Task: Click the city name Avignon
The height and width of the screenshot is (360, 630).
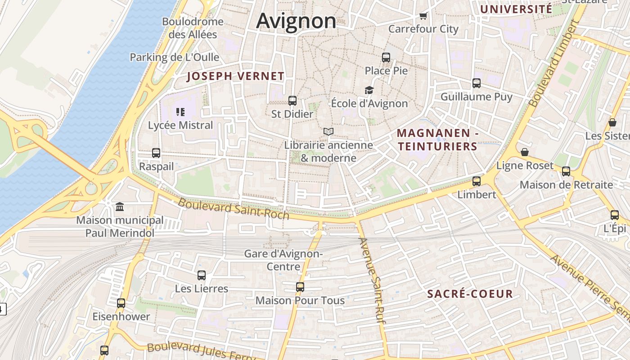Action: coord(296,21)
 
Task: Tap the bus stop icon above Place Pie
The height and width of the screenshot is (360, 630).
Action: coord(386,58)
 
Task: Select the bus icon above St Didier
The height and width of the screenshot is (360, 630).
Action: coord(292,101)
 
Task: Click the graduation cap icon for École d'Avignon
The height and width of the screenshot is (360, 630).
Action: coord(369,90)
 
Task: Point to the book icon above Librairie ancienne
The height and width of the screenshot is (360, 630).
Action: coord(328,132)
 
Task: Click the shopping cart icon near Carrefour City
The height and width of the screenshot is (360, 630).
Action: coord(423,16)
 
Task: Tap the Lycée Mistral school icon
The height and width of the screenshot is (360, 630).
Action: coord(180,112)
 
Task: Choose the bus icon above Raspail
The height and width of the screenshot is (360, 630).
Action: coord(156,153)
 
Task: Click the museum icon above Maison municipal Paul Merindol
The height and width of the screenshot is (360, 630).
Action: coord(120,207)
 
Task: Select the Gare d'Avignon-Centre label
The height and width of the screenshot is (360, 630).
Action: coord(283,260)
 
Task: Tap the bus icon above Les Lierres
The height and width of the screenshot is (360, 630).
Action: coord(202,275)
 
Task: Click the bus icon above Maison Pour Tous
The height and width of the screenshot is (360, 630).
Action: coord(300,287)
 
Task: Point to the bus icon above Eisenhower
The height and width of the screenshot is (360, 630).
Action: coord(121,303)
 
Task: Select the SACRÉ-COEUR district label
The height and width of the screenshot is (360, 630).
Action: coord(470,294)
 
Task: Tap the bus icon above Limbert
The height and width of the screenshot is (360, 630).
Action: coord(477,181)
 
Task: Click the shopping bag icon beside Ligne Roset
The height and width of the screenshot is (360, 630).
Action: coord(525,152)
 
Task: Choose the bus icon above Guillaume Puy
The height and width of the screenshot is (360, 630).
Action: coord(477,83)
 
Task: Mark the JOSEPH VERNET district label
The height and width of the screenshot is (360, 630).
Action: coord(236,76)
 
